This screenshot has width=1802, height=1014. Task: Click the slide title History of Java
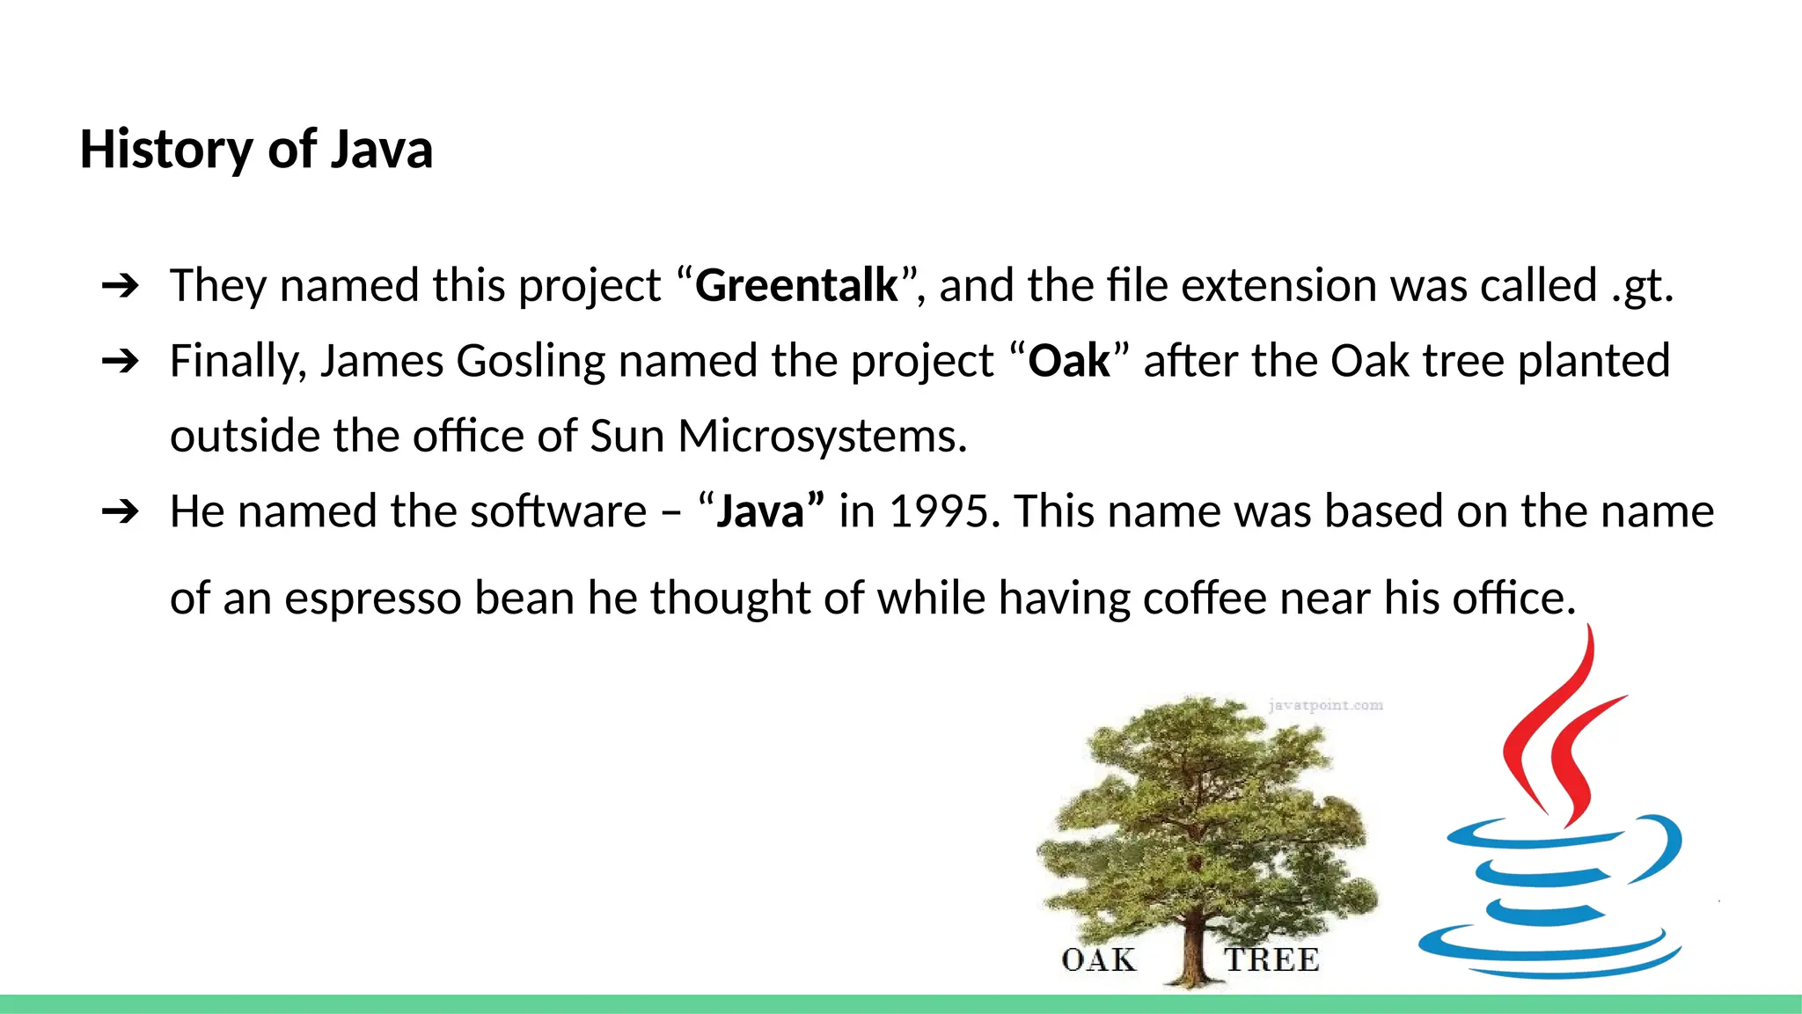click(x=256, y=149)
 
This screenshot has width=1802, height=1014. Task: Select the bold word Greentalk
click(x=796, y=285)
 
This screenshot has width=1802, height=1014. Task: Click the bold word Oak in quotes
click(x=1069, y=361)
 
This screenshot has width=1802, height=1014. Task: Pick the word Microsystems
click(x=822, y=436)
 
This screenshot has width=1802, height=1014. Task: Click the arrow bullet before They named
click(x=121, y=285)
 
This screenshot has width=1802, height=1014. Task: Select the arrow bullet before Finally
click(x=121, y=361)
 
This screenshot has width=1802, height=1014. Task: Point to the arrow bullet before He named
click(x=121, y=511)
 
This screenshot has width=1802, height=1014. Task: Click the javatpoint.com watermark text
click(x=1325, y=705)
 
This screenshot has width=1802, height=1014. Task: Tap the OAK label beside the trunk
click(x=1099, y=959)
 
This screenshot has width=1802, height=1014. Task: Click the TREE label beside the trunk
click(x=1271, y=959)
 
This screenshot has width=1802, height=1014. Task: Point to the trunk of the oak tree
click(x=1193, y=951)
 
